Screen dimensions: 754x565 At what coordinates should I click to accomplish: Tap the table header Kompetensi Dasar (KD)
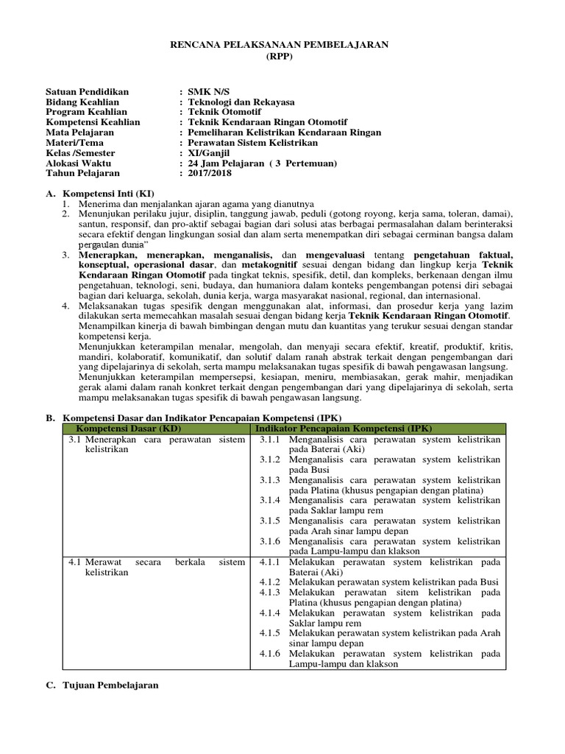pyautogui.click(x=128, y=429)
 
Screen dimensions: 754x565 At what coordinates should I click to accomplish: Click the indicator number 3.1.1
pyautogui.click(x=271, y=439)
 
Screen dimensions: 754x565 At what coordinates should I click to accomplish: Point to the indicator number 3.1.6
pyautogui.click(x=271, y=540)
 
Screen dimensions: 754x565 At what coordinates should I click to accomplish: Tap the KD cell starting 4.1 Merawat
pyautogui.click(x=156, y=567)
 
